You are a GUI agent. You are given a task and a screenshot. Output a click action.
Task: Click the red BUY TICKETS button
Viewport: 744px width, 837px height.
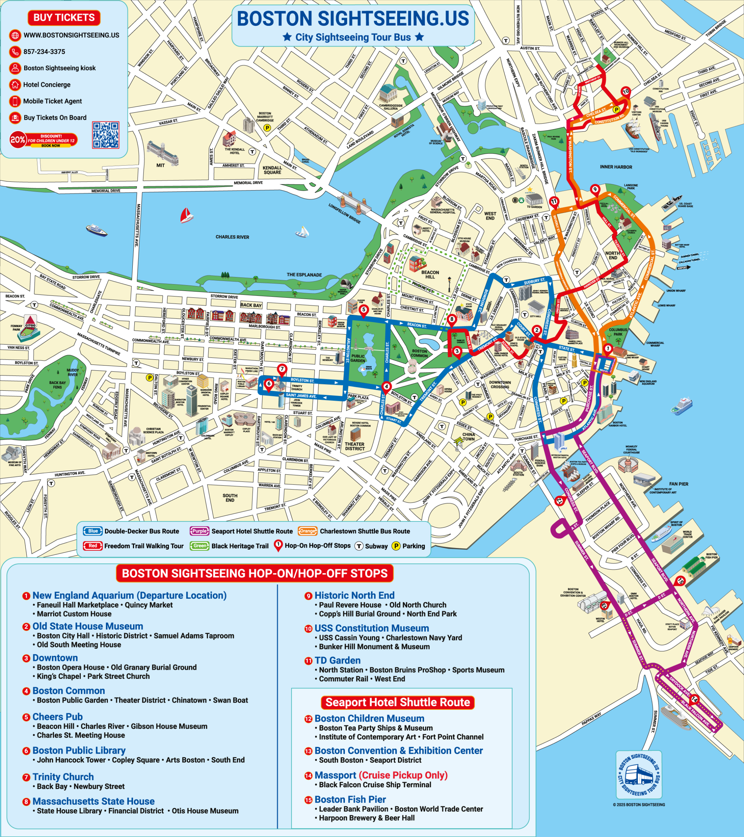64,18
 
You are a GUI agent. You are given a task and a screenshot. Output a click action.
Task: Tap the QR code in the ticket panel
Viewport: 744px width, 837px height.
106,135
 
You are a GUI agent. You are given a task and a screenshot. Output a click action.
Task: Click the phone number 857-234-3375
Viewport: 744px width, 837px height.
44,52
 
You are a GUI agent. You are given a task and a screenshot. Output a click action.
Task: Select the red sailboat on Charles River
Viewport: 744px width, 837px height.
186,215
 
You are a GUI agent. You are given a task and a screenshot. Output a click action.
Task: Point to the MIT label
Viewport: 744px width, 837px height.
161,165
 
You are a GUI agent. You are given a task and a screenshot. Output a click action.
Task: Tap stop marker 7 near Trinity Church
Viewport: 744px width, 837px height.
282,369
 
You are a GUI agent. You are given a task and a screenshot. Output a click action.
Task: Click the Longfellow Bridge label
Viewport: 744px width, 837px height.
344,214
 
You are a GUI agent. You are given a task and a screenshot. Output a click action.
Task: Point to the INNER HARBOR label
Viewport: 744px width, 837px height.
616,167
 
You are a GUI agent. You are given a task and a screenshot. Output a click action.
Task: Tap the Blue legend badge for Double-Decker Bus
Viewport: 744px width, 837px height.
93,531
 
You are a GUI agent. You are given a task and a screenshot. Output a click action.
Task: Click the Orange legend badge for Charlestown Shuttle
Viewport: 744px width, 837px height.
308,531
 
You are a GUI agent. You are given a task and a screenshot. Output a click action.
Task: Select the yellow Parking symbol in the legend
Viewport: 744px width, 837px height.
396,546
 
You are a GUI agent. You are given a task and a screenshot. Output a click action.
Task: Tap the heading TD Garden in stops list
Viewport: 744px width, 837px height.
337,660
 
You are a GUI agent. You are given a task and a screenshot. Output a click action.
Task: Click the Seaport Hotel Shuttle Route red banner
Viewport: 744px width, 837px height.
397,702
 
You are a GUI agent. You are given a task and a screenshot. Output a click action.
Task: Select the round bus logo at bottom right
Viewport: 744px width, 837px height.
639,774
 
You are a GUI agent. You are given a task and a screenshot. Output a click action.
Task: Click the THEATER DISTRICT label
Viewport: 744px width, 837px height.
355,446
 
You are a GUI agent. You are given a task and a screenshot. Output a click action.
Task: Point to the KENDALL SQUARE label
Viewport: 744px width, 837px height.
272,170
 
